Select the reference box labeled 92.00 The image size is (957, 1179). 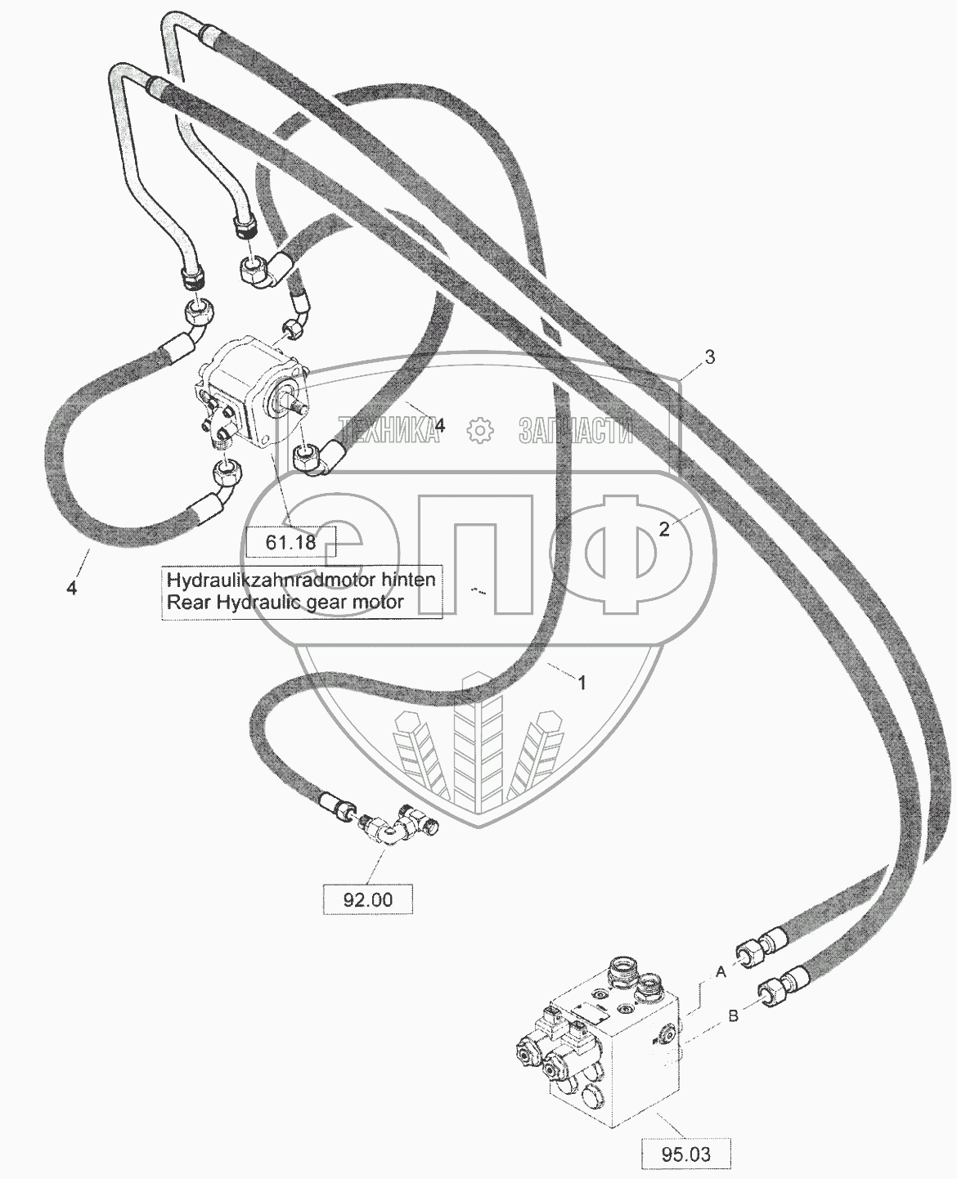click(368, 899)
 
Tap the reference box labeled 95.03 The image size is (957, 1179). click(685, 1154)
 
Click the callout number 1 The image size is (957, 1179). click(582, 684)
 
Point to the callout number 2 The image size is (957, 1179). click(664, 529)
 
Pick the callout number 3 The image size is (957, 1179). click(710, 356)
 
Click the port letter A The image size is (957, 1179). click(721, 972)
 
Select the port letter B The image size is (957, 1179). click(733, 1016)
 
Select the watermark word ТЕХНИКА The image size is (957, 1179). click(389, 428)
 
